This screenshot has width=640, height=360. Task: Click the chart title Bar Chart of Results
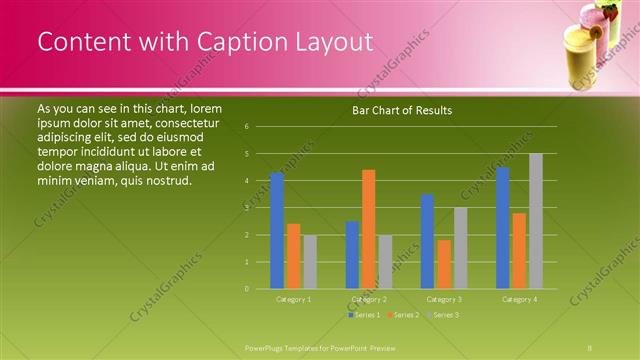pos(402,110)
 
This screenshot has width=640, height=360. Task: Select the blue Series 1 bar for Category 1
pos(277,230)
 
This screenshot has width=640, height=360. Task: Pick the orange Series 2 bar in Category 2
pos(369,229)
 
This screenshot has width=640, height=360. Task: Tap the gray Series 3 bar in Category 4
pos(536,221)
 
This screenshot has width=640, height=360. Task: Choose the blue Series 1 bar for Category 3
pos(427,241)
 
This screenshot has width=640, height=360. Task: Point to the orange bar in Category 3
pos(444,264)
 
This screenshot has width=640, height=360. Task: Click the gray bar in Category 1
pos(310,262)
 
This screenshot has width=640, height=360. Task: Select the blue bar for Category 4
pos(503,228)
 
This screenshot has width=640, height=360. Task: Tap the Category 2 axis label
pos(369,299)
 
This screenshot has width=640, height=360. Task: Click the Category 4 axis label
pos(520,299)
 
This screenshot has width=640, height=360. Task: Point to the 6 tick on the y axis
pos(247,127)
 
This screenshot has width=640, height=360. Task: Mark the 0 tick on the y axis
pos(247,288)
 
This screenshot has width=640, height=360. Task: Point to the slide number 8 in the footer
pos(590,346)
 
